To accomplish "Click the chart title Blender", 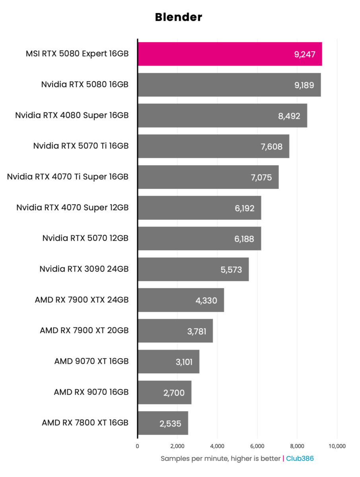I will (178, 17).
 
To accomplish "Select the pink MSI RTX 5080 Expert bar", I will (230, 54).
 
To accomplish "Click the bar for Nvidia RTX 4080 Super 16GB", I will (222, 115).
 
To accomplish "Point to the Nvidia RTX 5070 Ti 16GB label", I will (81, 146).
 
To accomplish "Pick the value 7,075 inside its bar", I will (261, 177).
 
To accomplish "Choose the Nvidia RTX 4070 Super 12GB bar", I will (199, 208).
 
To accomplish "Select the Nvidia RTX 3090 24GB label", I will (84, 269).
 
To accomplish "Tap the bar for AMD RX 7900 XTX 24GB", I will (181, 300).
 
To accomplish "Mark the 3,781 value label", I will (197, 331).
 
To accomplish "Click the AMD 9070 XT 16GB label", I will (91, 361).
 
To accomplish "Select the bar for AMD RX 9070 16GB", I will (164, 392).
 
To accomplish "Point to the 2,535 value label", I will (170, 424).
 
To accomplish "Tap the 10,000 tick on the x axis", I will (337, 446).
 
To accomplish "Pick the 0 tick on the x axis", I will (138, 446).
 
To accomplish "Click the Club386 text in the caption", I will (300, 458).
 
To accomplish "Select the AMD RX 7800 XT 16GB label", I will (85, 423).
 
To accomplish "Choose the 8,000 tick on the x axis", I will (297, 446).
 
